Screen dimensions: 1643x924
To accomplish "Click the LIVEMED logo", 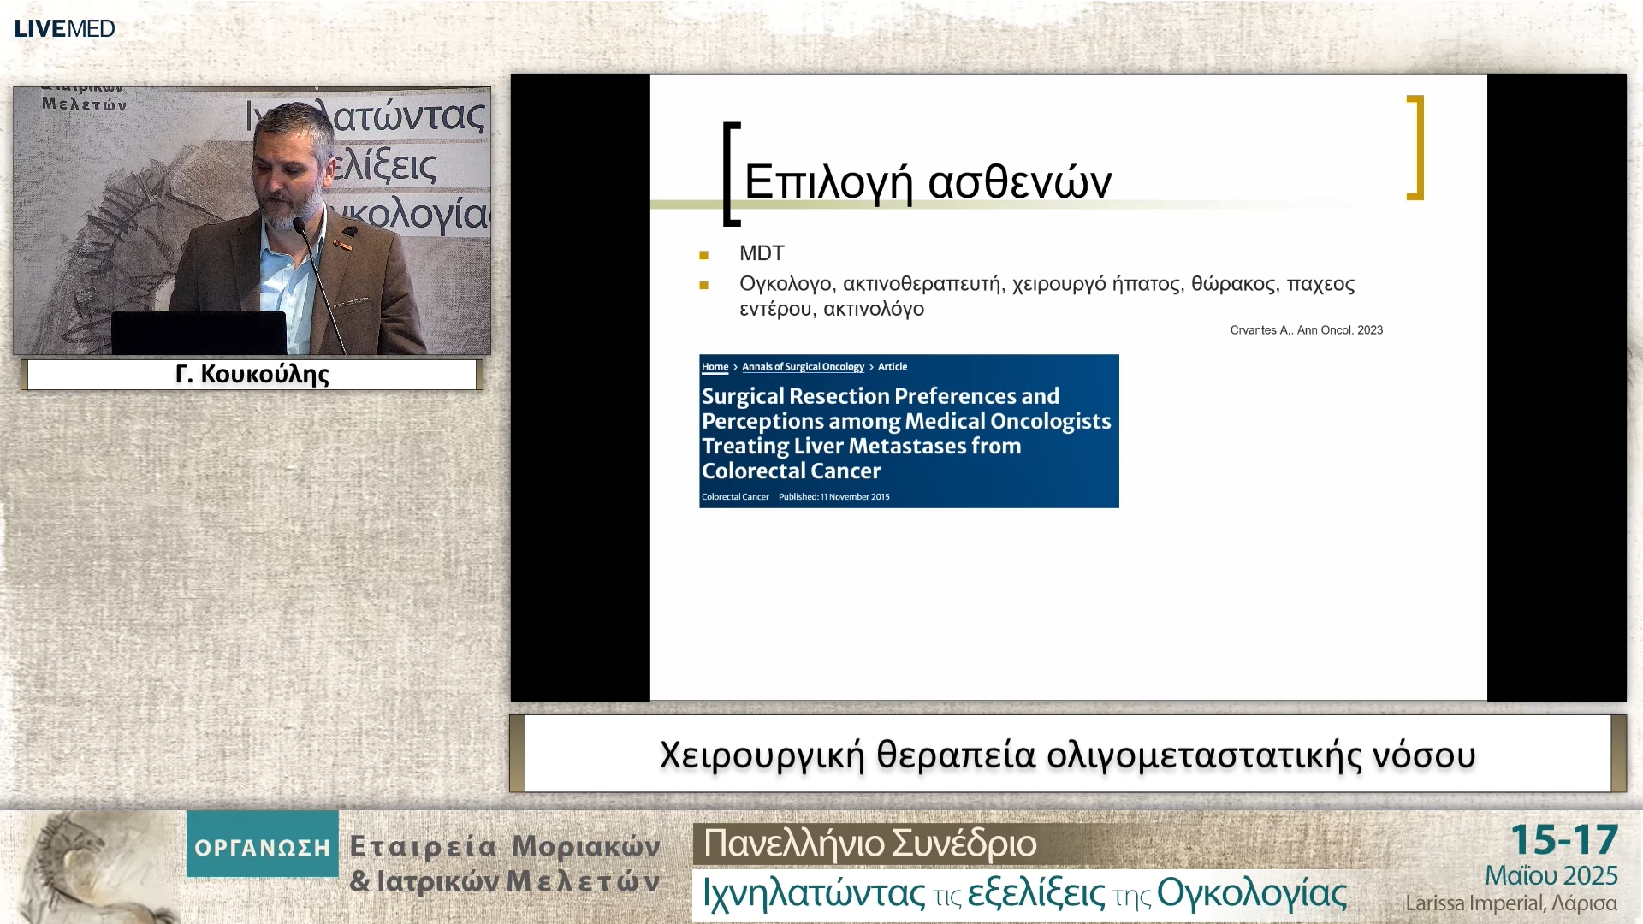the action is [x=65, y=28].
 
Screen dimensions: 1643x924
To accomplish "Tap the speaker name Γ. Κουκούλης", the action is [x=252, y=374].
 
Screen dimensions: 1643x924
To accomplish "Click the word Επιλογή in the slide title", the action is [x=828, y=182].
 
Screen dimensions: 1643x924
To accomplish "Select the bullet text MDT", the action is [x=762, y=253].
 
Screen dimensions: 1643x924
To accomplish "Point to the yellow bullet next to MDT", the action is [x=703, y=255].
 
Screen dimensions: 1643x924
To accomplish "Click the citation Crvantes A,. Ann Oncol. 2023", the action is [x=1306, y=330].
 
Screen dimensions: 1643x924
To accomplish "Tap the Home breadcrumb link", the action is [x=715, y=367].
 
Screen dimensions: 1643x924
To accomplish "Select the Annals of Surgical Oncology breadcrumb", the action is [x=803, y=367].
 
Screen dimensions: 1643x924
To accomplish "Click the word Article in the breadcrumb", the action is [x=893, y=367].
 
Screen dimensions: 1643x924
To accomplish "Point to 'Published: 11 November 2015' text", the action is [x=833, y=497].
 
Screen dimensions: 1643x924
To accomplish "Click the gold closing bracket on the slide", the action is [x=1416, y=147].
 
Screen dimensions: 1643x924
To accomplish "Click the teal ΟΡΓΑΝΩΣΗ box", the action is [x=263, y=844].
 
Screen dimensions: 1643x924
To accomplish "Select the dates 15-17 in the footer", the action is [x=1563, y=840].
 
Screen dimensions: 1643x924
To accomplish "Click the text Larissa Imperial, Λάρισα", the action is [x=1510, y=903].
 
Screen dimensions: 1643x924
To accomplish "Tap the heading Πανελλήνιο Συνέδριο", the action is [x=869, y=844].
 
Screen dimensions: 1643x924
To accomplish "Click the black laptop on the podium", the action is [x=199, y=333].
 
